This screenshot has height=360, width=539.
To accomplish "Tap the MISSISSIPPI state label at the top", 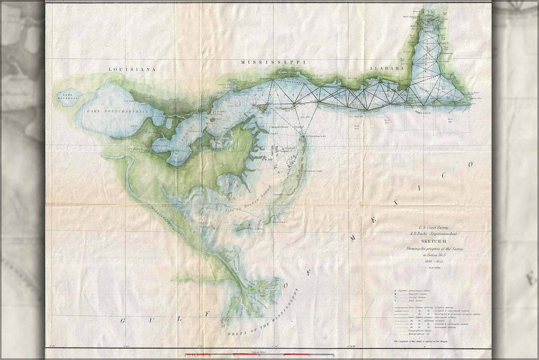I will pos(273,62).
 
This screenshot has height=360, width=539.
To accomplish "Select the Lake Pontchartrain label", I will pos(111,112).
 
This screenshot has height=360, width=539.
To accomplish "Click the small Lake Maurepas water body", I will pos(68,96).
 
